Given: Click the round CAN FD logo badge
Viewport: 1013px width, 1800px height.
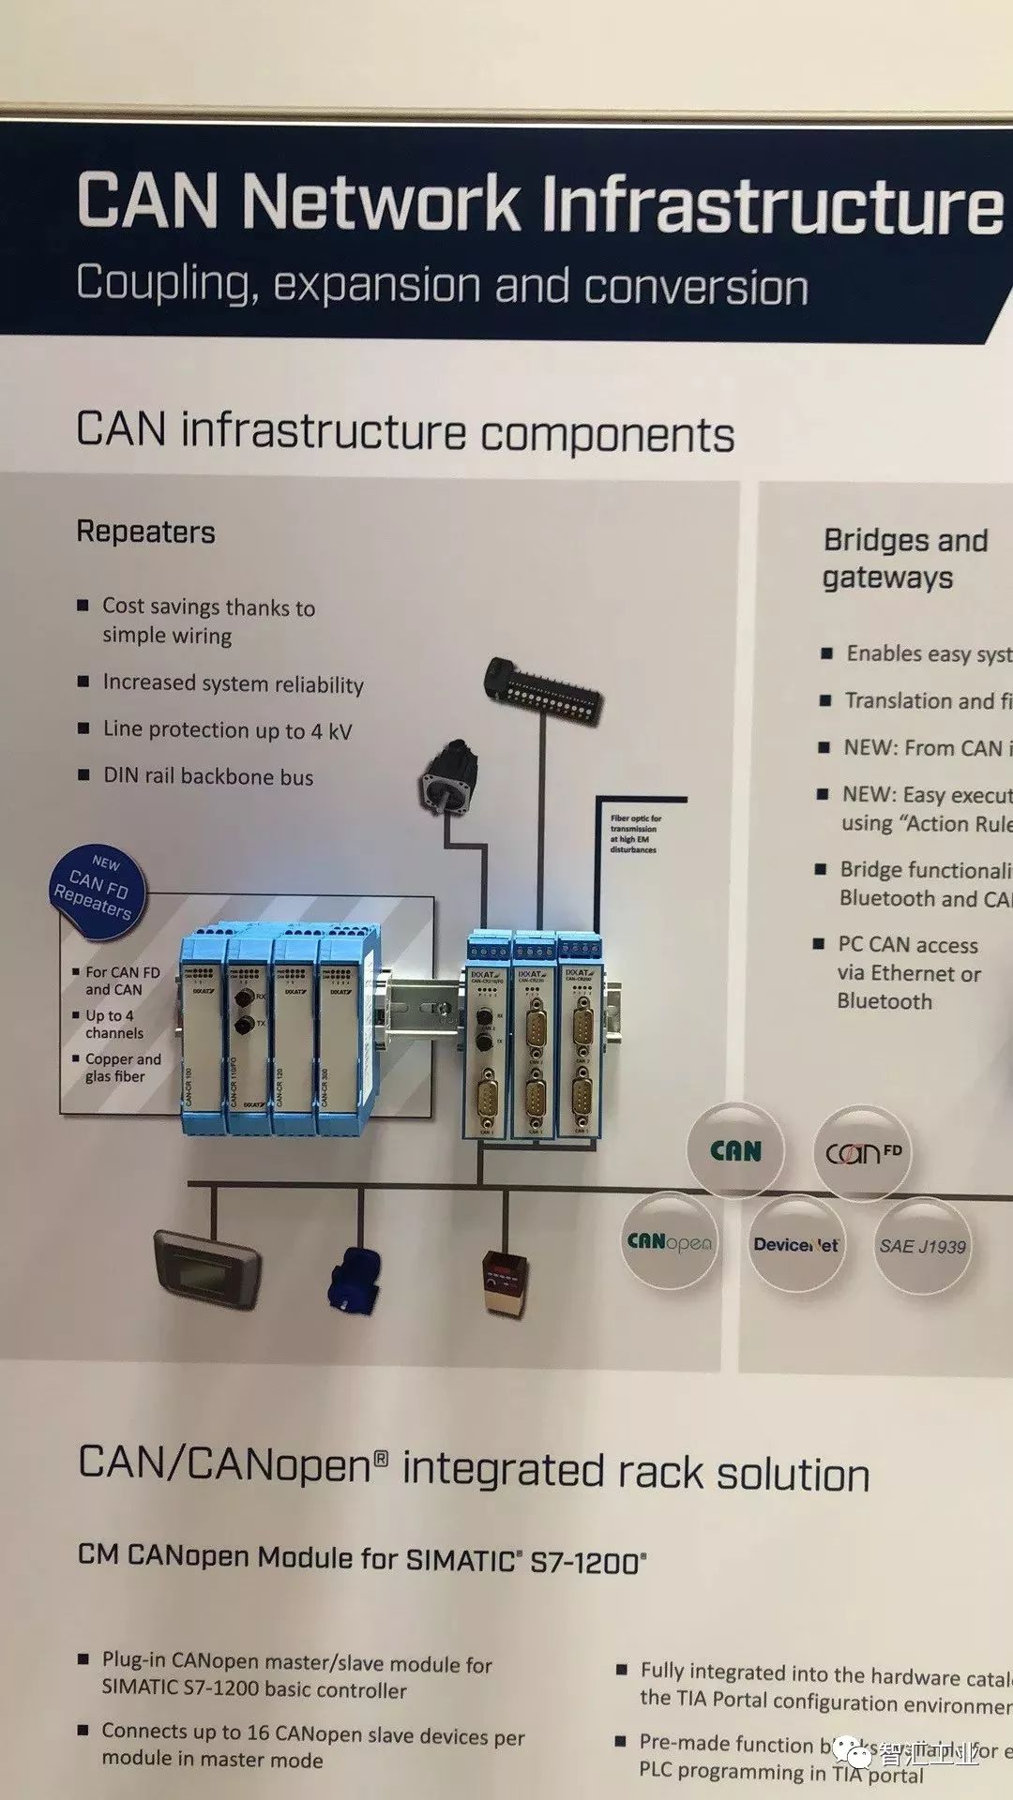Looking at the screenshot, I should tap(861, 1152).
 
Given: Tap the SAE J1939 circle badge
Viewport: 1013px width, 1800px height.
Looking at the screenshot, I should tap(921, 1246).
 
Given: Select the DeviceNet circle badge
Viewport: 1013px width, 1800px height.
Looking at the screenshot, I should tap(796, 1244).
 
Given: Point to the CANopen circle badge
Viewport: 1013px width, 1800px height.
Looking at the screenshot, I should tap(670, 1242).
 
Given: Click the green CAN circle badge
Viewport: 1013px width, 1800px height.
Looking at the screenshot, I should tap(735, 1150).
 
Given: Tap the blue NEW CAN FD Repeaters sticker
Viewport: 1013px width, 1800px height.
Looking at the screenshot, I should tap(97, 891).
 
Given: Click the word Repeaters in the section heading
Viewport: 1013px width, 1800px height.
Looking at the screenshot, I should tap(146, 532).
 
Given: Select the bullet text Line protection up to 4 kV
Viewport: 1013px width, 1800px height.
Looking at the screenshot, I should tap(227, 730).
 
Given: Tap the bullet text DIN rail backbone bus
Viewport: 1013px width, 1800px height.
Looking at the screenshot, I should tap(208, 776).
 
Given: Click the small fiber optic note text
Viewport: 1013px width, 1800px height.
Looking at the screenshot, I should tap(635, 833).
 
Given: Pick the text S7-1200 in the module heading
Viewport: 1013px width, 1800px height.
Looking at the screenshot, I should tap(587, 1562).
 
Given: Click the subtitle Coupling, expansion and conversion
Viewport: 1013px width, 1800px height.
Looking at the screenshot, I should tap(442, 285).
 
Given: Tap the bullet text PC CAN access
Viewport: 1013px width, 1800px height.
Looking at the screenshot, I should tap(908, 945).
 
